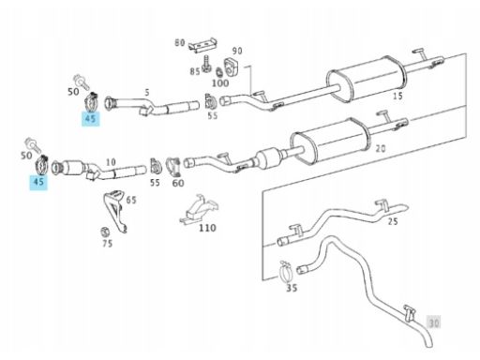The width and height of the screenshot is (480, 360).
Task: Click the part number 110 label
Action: point(207,228)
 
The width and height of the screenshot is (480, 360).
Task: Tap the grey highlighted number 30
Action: point(434,322)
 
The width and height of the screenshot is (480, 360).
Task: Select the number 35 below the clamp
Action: point(292,288)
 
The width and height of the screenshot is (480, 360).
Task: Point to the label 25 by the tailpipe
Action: point(393,221)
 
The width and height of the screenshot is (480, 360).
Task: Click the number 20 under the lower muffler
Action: point(381,148)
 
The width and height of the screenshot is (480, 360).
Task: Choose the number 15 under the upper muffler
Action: point(397,96)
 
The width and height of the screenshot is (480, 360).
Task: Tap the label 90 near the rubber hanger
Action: point(237,51)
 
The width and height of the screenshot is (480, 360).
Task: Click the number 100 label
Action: point(220,83)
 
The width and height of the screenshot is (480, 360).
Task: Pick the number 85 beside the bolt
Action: point(195,71)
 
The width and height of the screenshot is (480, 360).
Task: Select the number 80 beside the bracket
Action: point(180,42)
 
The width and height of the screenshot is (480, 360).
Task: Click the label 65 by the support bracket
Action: point(131,200)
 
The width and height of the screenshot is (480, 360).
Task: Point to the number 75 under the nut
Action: point(107,244)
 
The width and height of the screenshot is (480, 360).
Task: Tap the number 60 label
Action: point(178,183)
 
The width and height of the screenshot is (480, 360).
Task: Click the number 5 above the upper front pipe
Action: point(147,92)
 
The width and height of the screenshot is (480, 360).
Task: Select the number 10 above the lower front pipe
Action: point(111,162)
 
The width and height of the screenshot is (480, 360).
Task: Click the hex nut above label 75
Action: point(104,232)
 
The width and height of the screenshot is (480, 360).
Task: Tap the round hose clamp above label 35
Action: point(286,272)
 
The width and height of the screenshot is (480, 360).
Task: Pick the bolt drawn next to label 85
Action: point(206,64)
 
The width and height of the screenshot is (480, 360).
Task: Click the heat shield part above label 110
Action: point(199,209)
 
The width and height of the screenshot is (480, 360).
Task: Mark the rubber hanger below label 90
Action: point(232,67)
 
